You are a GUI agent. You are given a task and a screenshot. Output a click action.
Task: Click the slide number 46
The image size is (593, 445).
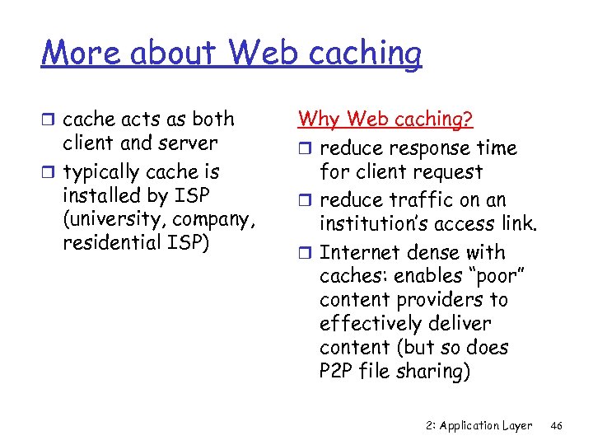coord(557,425)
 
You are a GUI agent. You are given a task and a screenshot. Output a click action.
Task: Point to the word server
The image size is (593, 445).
coord(191,143)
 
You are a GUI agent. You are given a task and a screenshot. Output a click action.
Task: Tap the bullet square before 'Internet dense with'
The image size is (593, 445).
coord(306,254)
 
